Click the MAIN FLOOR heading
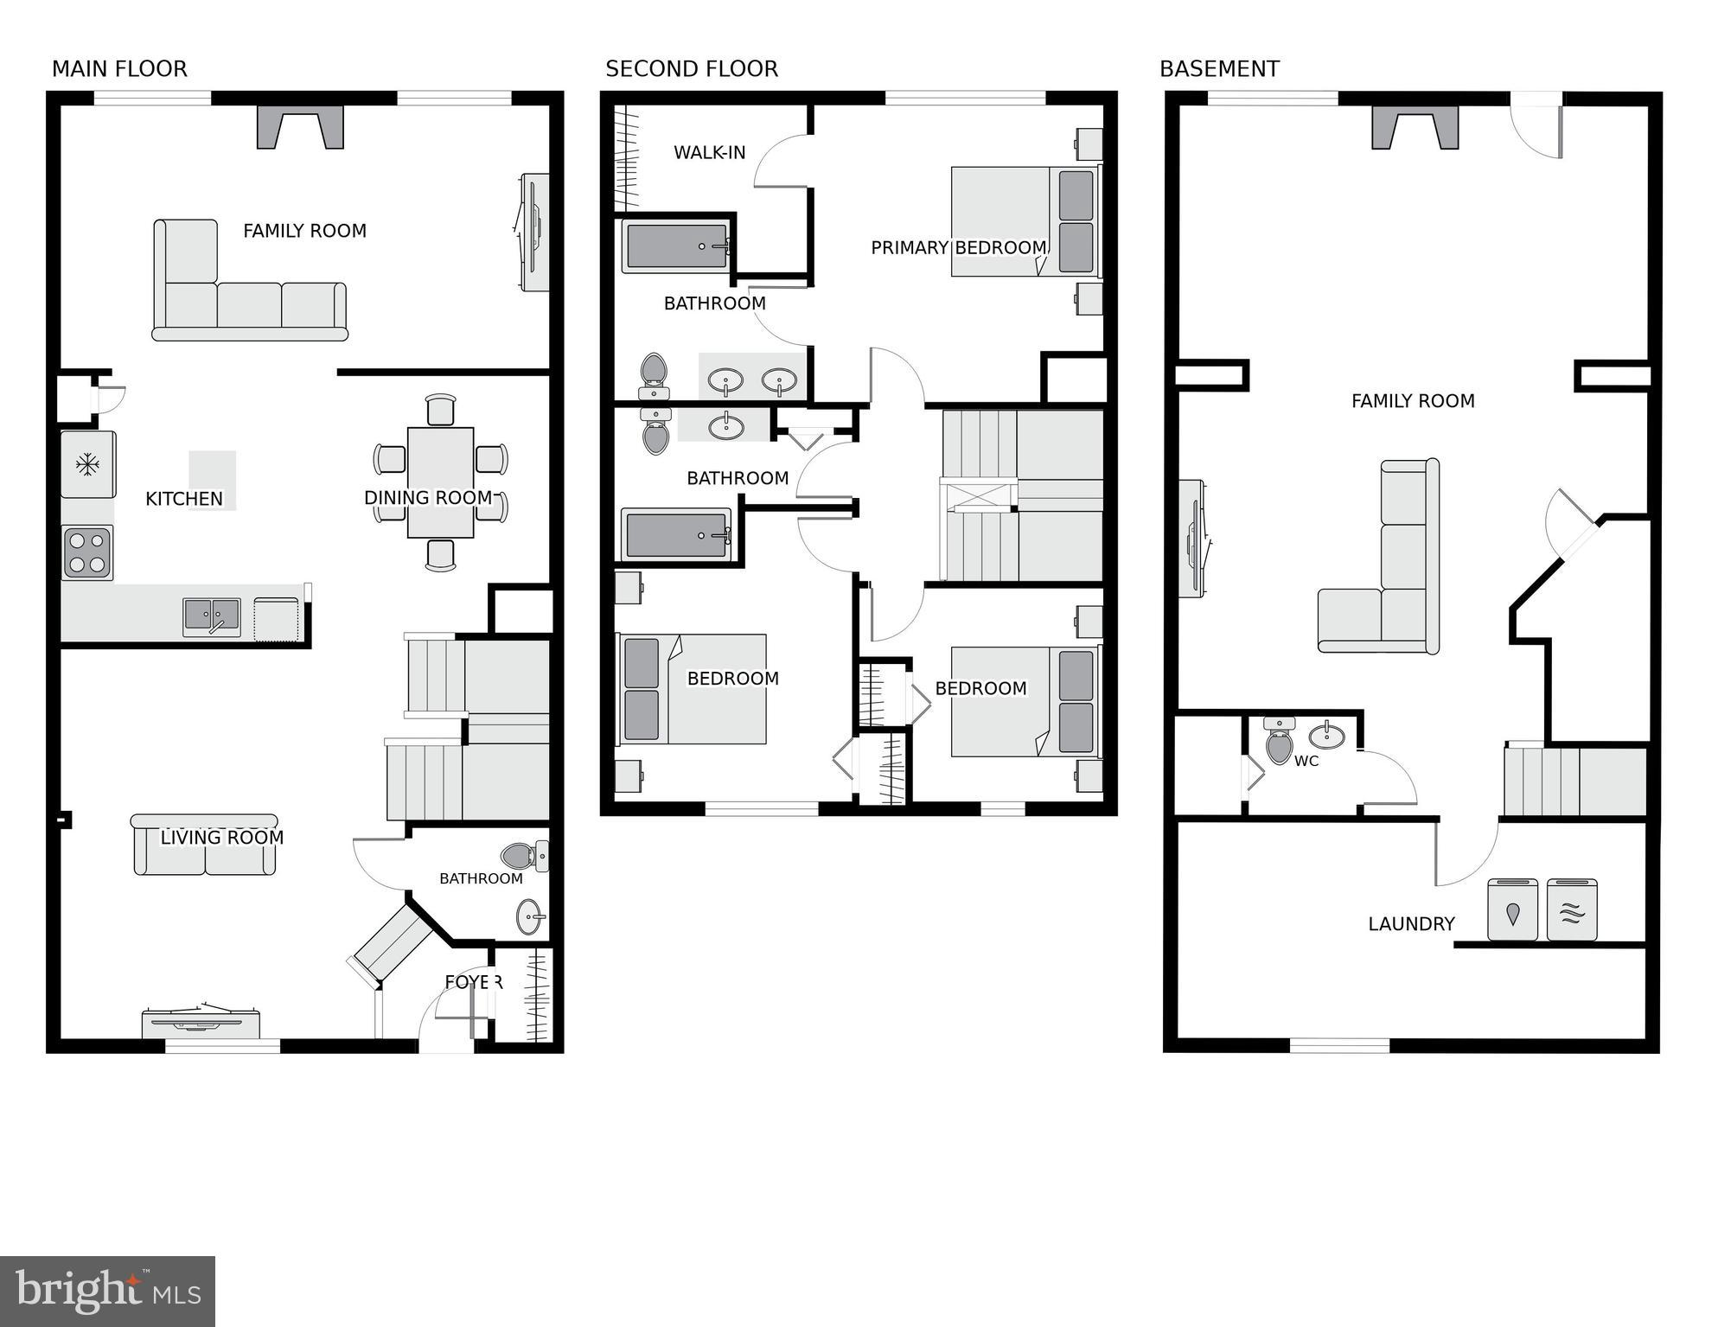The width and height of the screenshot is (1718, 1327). click(x=119, y=69)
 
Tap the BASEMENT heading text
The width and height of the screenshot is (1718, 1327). click(x=1218, y=69)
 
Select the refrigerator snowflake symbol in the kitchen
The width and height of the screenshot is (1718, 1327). click(x=87, y=465)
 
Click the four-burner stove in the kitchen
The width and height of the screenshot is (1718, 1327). click(x=87, y=553)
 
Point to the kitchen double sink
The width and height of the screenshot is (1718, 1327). click(x=212, y=617)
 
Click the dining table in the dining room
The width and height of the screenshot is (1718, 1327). click(x=440, y=482)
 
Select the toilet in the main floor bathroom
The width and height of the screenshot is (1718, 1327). click(x=522, y=857)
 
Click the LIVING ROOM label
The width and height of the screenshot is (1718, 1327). click(x=222, y=838)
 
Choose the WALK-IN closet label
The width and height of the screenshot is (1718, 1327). click(x=709, y=153)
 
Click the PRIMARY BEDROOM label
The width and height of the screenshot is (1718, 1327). click(x=958, y=248)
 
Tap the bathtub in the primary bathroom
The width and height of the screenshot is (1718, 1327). click(x=676, y=246)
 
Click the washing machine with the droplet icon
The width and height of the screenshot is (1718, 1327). click(x=1512, y=910)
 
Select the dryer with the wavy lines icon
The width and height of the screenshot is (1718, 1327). click(x=1571, y=910)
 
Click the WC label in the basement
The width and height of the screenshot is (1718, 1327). click(x=1306, y=762)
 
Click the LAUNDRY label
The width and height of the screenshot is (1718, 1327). click(x=1411, y=924)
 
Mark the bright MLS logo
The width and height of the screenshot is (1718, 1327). click(x=107, y=1292)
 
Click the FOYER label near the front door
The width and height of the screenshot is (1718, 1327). click(x=473, y=982)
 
